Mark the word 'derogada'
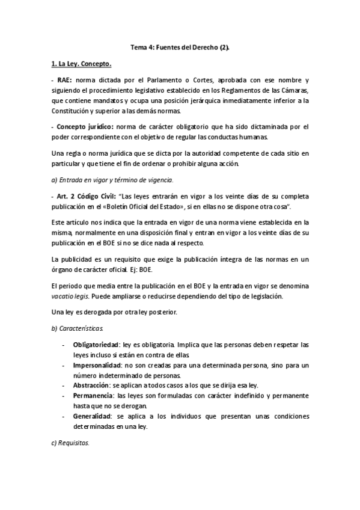(91, 313)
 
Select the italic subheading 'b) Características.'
(78, 328)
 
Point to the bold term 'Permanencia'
(93, 396)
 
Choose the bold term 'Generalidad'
(91, 417)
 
